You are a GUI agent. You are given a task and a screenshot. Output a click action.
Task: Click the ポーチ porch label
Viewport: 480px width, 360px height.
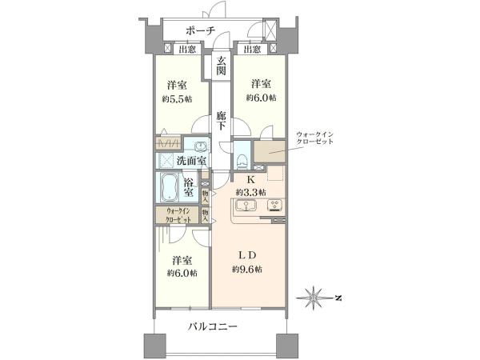pos(201,30)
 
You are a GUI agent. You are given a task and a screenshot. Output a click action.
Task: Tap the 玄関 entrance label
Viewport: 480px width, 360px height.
pos(221,66)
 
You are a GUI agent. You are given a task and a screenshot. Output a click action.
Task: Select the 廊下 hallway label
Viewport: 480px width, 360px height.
pos(221,121)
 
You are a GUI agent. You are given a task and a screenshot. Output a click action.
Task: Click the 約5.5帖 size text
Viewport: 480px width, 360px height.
pos(178,99)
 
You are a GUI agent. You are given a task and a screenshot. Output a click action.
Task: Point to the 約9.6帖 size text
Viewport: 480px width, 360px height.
pos(246,270)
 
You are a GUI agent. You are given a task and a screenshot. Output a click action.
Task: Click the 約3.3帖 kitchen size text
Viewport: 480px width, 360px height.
pos(250,192)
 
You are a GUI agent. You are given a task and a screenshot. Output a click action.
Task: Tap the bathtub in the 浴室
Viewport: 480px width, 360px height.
pos(169,187)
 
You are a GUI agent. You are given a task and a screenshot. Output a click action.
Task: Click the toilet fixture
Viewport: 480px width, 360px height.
pos(242,161)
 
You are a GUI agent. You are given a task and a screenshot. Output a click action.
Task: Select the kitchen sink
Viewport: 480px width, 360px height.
pos(246,205)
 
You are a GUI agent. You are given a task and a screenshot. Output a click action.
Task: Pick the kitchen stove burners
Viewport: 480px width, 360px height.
pos(275,205)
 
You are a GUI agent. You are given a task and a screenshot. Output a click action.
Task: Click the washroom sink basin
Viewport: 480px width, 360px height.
pos(201,146)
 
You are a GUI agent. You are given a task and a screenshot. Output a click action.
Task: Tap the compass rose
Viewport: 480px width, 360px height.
pos(314,298)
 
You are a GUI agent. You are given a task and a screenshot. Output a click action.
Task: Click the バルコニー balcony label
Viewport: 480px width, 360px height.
pos(213,326)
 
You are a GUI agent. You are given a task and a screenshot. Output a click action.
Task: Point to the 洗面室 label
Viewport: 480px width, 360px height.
pos(191,161)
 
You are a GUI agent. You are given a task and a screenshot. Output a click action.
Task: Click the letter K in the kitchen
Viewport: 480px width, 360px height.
pos(250,180)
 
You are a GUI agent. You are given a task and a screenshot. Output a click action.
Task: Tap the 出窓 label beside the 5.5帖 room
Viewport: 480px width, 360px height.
pos(187,50)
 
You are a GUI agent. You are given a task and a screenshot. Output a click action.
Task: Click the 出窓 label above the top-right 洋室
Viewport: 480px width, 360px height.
pos(253,50)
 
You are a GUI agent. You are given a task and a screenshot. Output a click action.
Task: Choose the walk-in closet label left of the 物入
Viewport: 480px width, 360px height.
pos(178,215)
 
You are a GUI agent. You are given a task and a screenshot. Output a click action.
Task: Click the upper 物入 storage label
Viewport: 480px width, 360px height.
pos(205,196)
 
